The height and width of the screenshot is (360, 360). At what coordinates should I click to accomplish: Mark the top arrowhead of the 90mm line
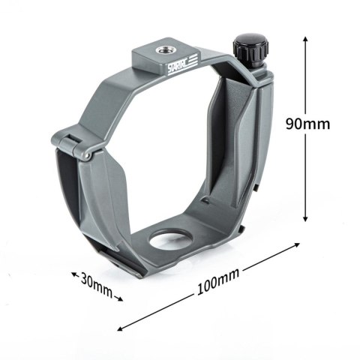[x=304, y=37]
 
